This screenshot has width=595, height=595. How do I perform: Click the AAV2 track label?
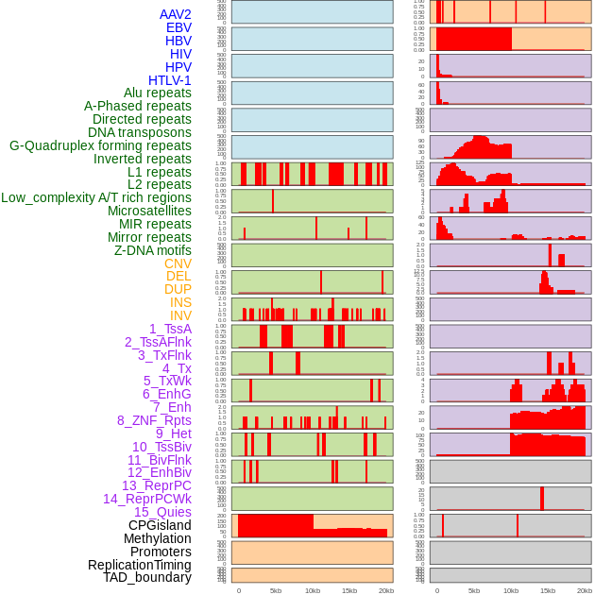[x=175, y=14]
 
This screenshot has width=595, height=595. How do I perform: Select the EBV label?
[x=178, y=27]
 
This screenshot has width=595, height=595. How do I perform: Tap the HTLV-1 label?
[x=169, y=80]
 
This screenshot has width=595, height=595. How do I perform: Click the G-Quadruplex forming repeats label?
[x=100, y=145]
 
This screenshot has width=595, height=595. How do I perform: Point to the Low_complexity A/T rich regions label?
[x=96, y=197]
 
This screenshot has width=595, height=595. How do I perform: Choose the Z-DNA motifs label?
[x=153, y=250]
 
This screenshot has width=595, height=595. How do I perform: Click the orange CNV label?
[x=178, y=263]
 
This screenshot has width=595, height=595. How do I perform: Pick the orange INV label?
[x=180, y=315]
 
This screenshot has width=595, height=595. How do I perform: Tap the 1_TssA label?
[x=170, y=329]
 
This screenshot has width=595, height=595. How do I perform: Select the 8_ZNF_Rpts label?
[x=154, y=420]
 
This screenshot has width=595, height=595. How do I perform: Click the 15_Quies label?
[x=162, y=512]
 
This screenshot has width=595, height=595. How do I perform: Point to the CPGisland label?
[x=160, y=525]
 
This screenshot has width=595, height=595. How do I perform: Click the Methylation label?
[x=158, y=538]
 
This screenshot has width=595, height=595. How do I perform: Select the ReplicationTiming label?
[x=139, y=565]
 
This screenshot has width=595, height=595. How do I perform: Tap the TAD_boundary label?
[x=147, y=577]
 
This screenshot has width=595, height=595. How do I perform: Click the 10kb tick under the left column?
[x=313, y=590]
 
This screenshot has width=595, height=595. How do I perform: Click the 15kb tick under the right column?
[x=548, y=590]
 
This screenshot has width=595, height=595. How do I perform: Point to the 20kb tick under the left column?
[x=386, y=590]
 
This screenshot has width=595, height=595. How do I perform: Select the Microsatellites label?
[x=149, y=211]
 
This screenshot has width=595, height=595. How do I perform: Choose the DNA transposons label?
[x=140, y=132]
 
